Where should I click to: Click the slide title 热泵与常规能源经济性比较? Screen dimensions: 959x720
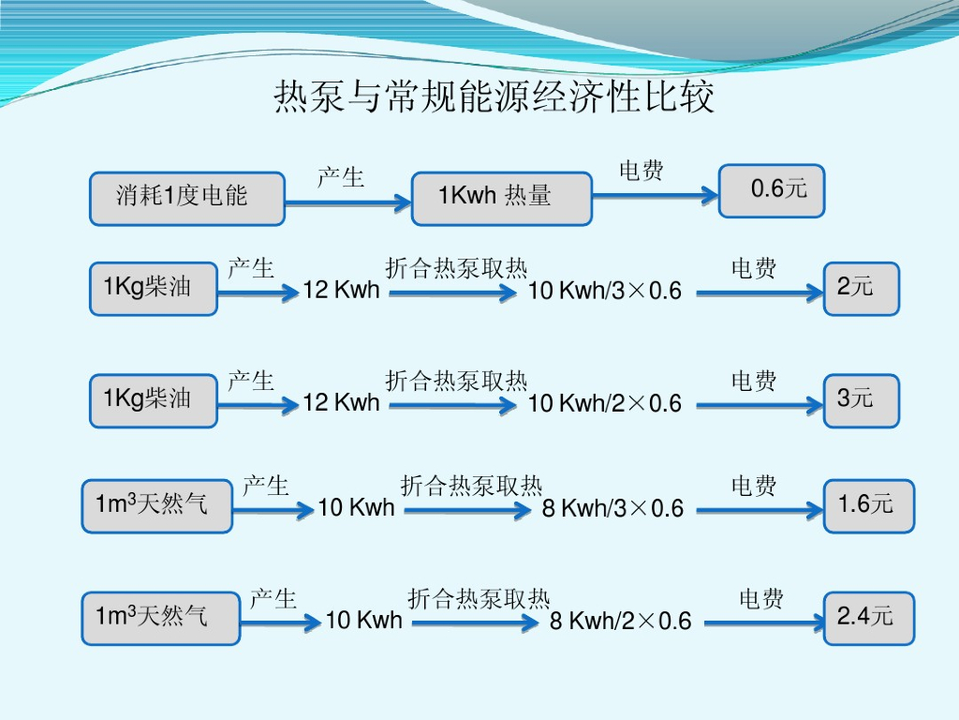click(494, 97)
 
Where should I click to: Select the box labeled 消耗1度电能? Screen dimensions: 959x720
click(187, 198)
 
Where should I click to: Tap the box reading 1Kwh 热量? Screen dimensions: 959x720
click(502, 198)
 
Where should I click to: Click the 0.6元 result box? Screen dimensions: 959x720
click(772, 190)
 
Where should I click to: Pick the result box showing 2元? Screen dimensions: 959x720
click(862, 288)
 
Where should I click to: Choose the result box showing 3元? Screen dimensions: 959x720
click(862, 400)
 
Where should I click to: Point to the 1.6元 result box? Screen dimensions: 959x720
click(869, 505)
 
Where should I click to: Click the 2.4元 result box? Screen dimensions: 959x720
click(869, 618)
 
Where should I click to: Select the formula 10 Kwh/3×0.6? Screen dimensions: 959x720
click(605, 291)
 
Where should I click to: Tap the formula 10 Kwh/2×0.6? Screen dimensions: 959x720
click(605, 403)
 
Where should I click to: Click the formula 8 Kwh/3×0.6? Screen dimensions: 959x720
click(613, 509)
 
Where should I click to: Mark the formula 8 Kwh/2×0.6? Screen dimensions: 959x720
click(620, 621)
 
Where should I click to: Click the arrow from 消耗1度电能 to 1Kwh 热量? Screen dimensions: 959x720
click(348, 200)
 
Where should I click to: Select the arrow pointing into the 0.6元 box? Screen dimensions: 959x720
click(655, 195)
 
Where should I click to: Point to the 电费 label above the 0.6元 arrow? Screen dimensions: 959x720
click(642, 171)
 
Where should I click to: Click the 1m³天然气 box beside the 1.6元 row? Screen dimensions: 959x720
click(156, 506)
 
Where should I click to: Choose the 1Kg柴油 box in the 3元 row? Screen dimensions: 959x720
click(154, 399)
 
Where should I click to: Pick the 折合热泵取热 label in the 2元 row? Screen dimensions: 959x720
click(456, 269)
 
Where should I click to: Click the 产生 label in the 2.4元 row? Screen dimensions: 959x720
click(273, 599)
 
